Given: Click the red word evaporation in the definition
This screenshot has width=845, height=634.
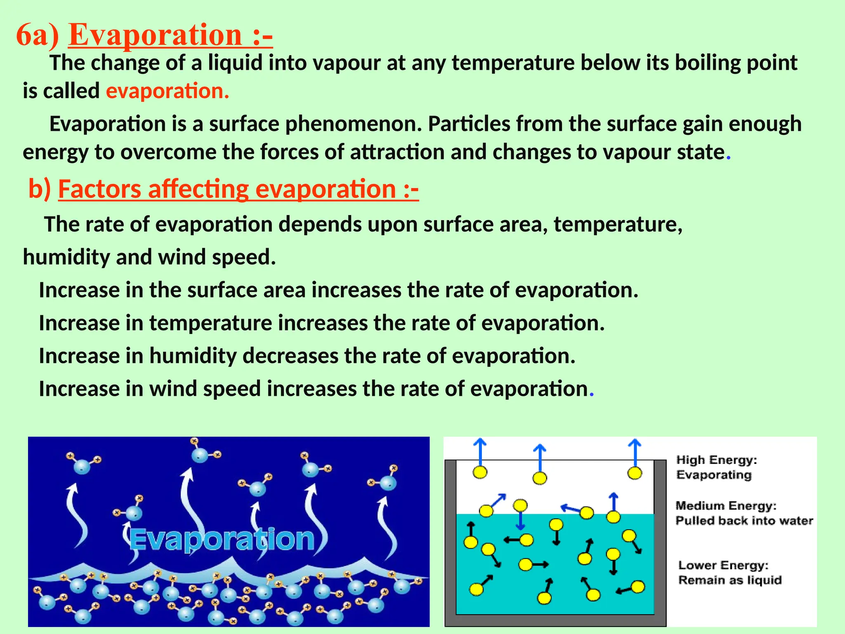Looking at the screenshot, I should click(167, 91).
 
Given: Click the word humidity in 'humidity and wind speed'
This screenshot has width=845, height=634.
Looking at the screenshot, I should click(66, 257).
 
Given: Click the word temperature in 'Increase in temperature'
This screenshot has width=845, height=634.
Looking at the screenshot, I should click(210, 323).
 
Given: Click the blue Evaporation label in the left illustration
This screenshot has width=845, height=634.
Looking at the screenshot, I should click(222, 539).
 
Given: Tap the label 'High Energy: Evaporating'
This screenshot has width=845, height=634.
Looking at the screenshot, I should click(716, 467).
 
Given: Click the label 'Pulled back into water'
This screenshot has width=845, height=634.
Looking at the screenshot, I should click(744, 520).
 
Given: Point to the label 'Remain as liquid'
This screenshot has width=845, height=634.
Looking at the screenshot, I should click(730, 580).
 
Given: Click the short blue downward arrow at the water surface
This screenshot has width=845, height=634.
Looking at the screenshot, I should click(520, 521).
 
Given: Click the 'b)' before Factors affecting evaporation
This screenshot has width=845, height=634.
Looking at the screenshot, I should click(40, 189).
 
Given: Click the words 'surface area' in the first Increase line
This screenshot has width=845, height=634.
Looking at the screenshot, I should click(246, 290).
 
